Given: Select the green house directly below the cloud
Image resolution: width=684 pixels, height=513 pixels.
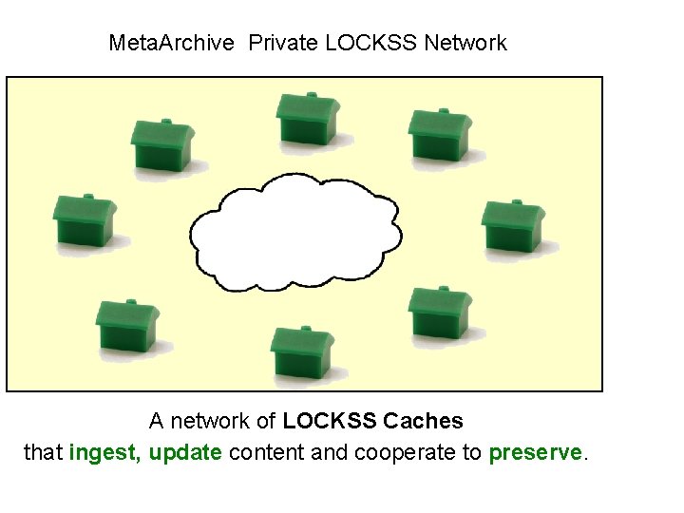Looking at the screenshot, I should (301, 351).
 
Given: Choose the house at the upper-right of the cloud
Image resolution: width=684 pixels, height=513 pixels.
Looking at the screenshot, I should (440, 136).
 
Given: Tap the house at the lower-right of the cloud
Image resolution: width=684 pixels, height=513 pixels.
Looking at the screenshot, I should (440, 311).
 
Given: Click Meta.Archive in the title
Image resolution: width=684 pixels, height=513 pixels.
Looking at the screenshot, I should (171, 43).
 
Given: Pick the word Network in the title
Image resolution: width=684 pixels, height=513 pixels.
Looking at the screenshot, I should (465, 43).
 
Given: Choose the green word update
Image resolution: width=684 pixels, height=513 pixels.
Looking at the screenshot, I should (185, 453).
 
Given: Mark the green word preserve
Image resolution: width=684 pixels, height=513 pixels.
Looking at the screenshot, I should (534, 453).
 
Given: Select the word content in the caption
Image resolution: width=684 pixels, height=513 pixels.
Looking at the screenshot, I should (267, 453).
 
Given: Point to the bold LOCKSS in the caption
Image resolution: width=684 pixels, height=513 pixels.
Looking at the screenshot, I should (331, 421).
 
